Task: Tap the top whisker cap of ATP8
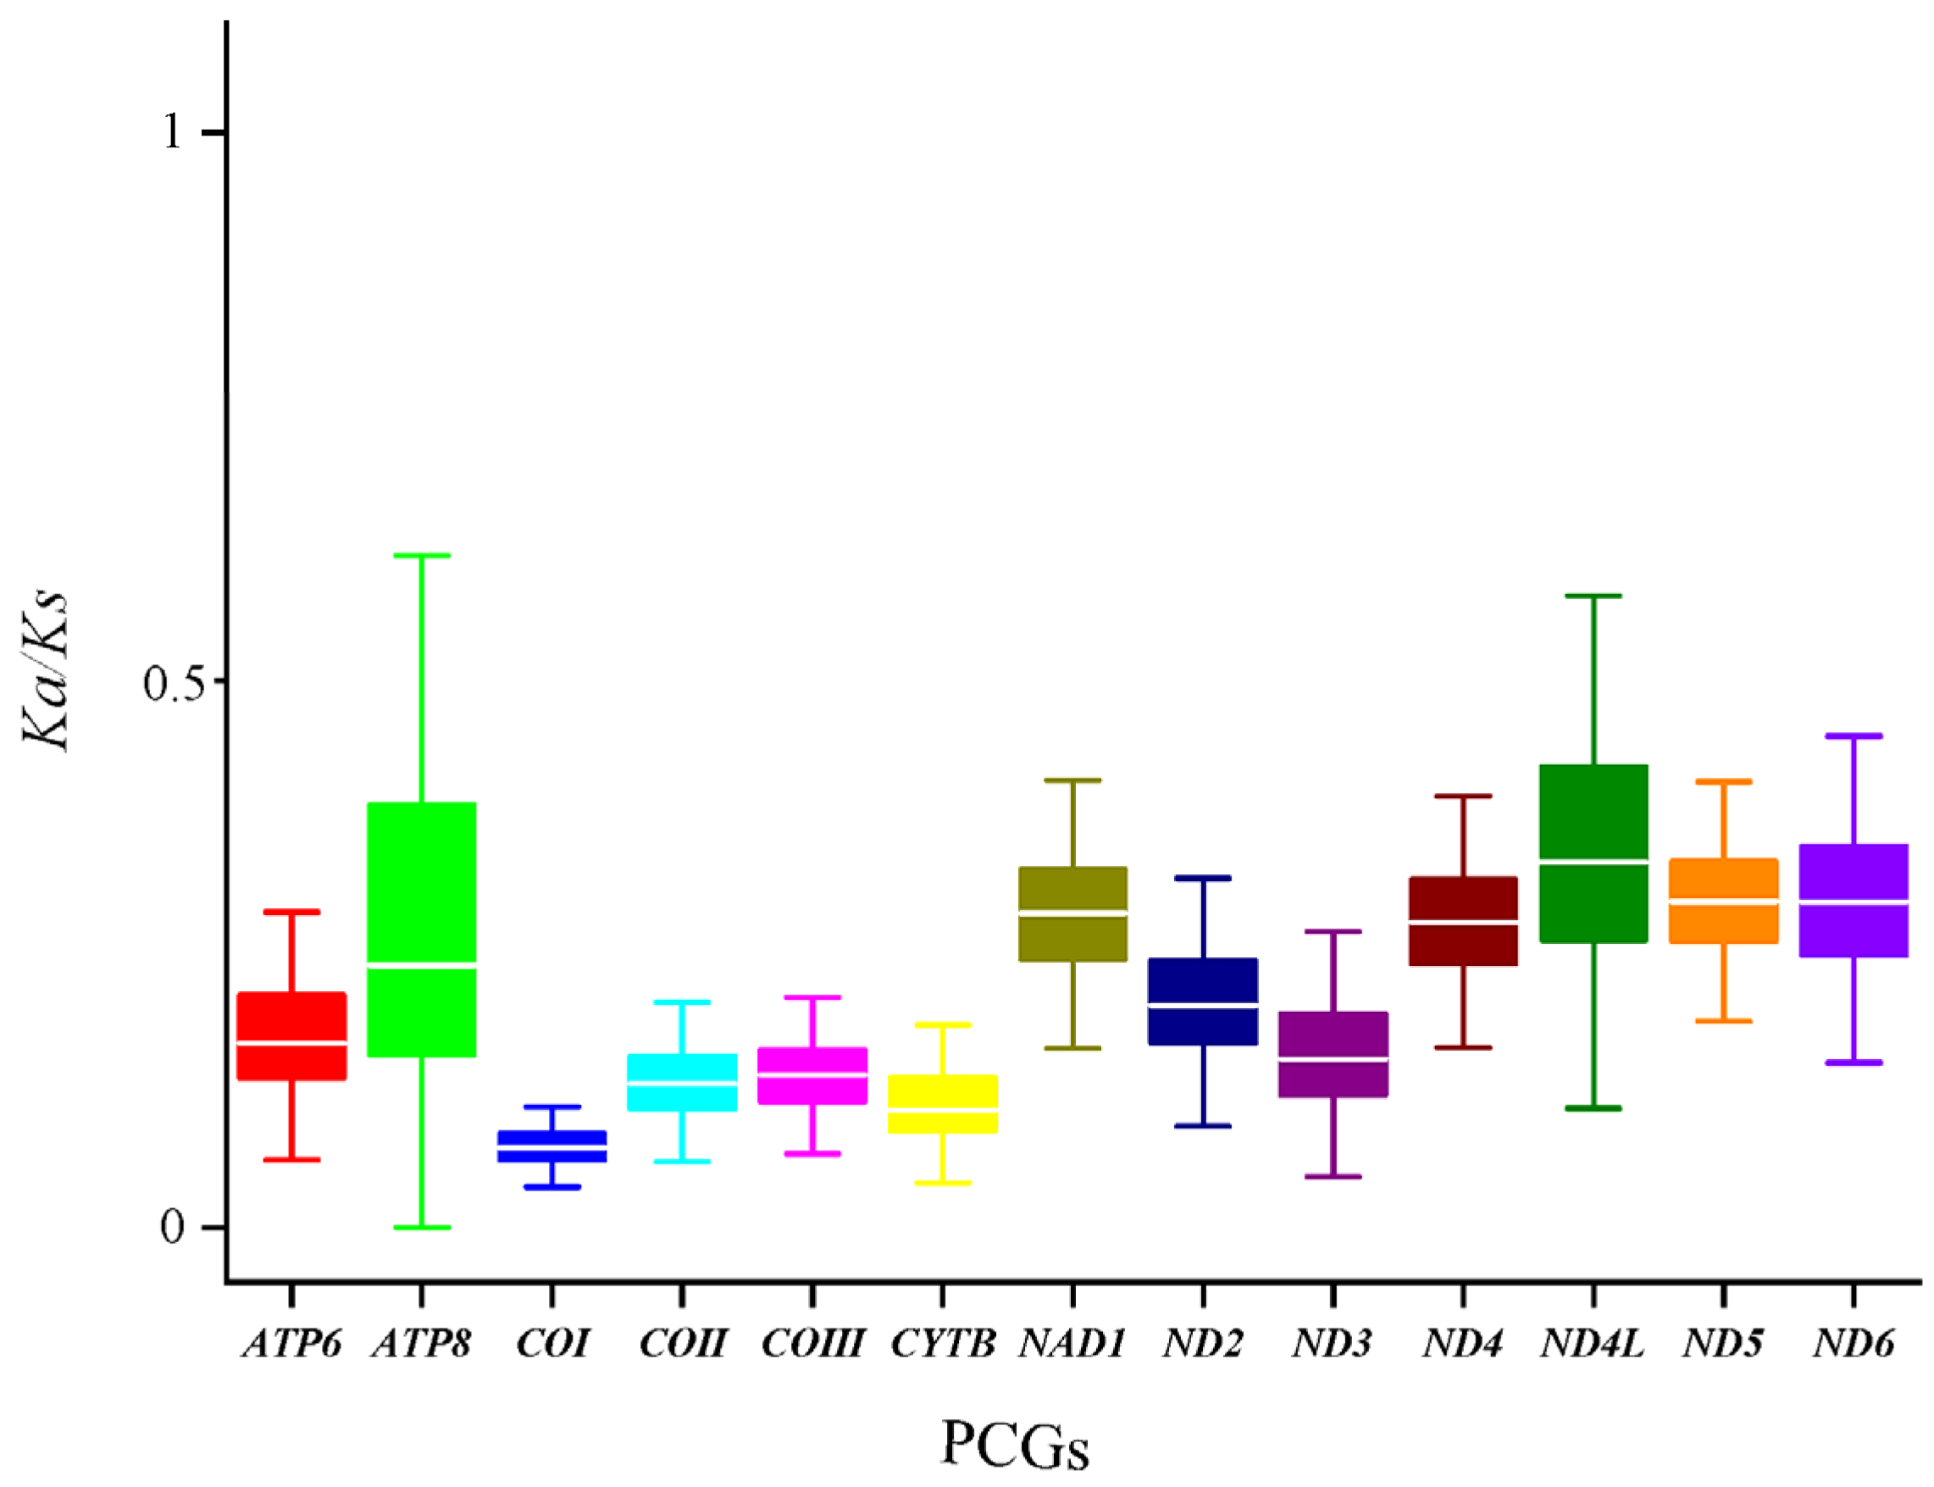tap(421, 556)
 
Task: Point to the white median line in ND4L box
tap(1593, 860)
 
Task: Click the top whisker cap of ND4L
tap(1593, 596)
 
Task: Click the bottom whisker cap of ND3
tap(1333, 1177)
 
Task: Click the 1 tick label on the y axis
tap(173, 133)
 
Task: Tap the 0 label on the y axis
tap(173, 1228)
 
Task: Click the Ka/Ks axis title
tap(46, 670)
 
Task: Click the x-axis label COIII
tap(812, 1345)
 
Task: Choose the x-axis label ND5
tap(1722, 1345)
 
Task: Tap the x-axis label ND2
tap(1202, 1345)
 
